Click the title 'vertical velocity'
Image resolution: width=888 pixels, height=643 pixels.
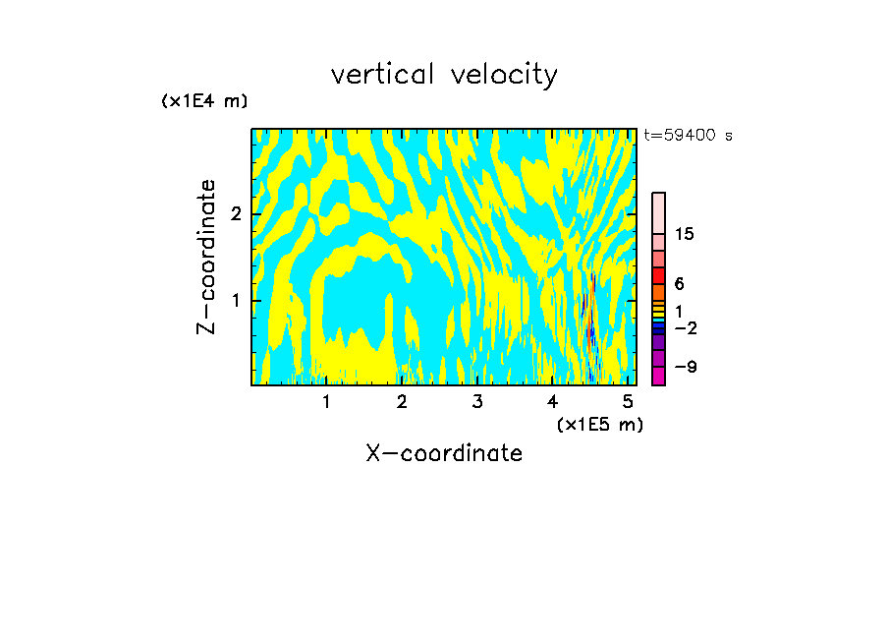[x=444, y=74]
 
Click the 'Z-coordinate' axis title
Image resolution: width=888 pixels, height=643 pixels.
[x=206, y=257]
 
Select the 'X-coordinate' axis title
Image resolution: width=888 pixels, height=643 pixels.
[x=444, y=453]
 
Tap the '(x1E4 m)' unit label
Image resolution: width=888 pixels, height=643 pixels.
[x=204, y=100]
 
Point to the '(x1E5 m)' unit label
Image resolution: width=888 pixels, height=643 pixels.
[x=599, y=424]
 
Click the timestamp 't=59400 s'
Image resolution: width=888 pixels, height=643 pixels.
[x=688, y=136]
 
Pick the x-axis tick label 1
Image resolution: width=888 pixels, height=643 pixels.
[x=326, y=401]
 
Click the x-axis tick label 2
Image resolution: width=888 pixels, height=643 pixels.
[x=402, y=401]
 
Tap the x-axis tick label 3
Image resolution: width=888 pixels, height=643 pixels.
[x=477, y=401]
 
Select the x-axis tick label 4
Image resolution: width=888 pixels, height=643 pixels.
[x=553, y=401]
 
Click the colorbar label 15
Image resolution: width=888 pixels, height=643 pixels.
[x=685, y=234]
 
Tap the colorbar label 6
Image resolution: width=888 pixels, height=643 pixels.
[x=679, y=283]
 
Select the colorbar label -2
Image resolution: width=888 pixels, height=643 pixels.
[x=685, y=327]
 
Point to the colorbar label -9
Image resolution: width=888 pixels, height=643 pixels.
[x=685, y=367]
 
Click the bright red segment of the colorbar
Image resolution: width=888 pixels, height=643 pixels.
[x=658, y=275]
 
